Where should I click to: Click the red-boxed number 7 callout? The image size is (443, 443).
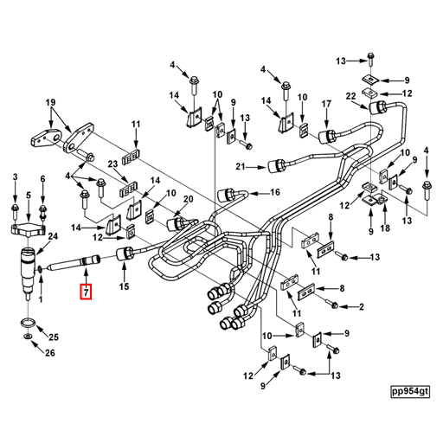point(86,292)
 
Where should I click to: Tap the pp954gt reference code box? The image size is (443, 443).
point(410,392)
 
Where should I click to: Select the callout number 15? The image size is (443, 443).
point(125,286)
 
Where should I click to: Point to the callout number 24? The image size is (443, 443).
point(53,236)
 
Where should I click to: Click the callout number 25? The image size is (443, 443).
point(54,337)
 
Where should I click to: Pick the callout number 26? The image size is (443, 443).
point(50,353)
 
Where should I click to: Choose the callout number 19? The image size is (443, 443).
point(50,102)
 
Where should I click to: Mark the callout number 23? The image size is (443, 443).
point(112,164)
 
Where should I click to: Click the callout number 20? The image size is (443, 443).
point(188,199)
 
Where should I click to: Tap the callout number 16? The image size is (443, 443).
point(275,192)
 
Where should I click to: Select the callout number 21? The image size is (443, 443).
point(241,166)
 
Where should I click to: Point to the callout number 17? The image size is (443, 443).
point(326,104)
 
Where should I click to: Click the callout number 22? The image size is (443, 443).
point(350,96)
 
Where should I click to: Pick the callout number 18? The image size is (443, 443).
point(385,228)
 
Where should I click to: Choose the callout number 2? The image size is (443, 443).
point(362,307)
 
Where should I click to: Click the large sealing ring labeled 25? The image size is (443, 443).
point(29,322)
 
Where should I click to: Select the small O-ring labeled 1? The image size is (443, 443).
point(39,270)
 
